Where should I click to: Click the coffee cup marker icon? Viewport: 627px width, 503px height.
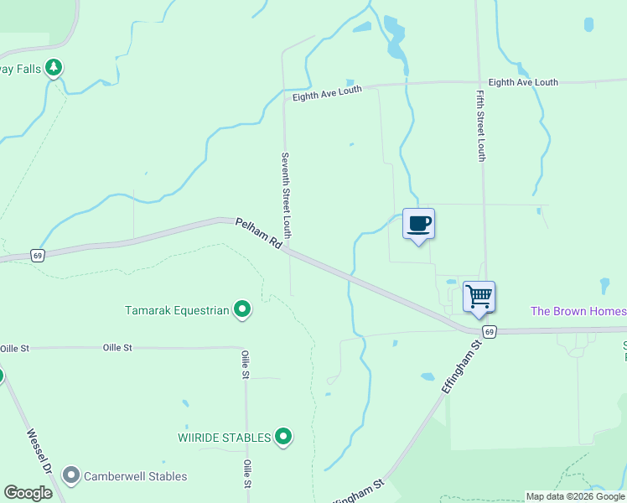pos(418,224)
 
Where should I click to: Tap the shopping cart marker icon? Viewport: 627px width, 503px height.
pos(479,296)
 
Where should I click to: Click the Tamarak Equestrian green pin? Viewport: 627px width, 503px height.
pos(242,310)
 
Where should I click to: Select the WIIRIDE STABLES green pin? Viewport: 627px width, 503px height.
pos(283,437)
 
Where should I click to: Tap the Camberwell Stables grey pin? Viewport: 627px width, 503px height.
pos(71,476)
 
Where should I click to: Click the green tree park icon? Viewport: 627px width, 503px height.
pos(54,67)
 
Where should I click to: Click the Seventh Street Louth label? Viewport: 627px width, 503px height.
pos(286,194)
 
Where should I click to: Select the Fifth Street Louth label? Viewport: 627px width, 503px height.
pos(481,126)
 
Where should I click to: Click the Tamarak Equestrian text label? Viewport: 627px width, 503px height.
pos(177,310)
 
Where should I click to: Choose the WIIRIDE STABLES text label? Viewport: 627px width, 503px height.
pos(225,438)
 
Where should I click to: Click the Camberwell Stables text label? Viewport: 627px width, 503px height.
pos(135,476)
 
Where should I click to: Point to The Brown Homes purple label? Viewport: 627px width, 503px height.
pos(578,311)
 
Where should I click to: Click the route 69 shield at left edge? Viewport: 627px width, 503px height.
pos(37,256)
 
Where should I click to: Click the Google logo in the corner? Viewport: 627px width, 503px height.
pos(28,493)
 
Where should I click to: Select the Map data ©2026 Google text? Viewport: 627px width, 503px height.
pos(575,496)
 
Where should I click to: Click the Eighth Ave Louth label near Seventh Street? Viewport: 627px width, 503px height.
pos(327,93)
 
